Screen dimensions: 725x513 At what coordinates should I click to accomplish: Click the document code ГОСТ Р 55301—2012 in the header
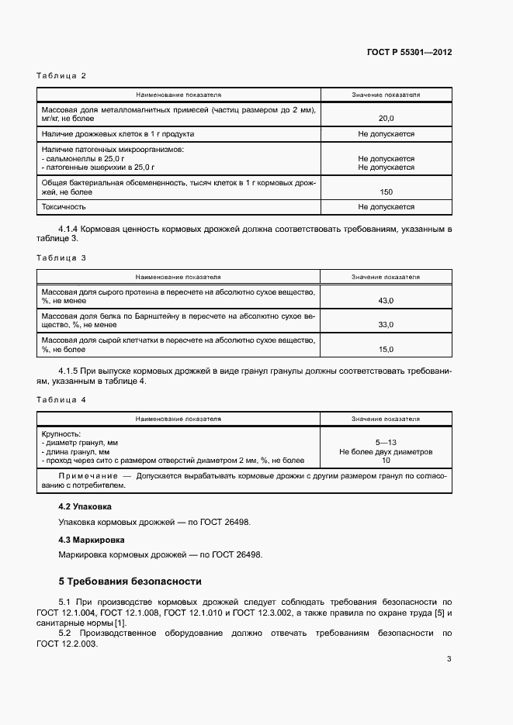[409, 53]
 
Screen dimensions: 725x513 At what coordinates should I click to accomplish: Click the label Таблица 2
[61, 76]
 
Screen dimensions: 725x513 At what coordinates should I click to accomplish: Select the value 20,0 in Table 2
[386, 119]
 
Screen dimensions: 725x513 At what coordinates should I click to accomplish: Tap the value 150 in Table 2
[386, 192]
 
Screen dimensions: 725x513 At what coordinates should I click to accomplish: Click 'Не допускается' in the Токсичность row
[386, 207]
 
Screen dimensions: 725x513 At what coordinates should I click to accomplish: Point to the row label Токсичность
[64, 207]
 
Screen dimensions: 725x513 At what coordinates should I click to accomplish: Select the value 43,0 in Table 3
[386, 300]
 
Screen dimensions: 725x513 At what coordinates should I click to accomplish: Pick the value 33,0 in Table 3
[386, 325]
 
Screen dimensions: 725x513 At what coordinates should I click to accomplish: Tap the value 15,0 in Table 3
[386, 349]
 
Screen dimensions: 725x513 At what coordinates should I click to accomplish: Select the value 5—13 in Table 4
[386, 442]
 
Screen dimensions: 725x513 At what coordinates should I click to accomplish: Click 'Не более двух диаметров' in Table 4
[386, 451]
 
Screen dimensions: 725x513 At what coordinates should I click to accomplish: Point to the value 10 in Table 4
[386, 461]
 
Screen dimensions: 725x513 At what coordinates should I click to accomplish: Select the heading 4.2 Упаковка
[85, 506]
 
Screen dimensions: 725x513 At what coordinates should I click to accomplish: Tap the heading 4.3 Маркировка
[92, 539]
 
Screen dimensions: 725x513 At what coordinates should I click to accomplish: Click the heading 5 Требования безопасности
[130, 581]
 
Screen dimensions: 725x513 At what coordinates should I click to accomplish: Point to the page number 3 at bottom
[449, 660]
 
